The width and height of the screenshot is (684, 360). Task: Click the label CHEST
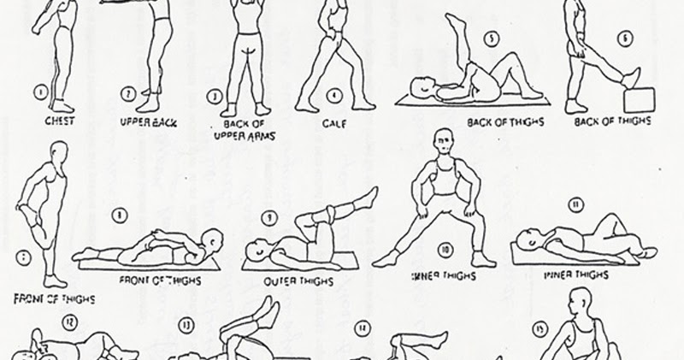59,121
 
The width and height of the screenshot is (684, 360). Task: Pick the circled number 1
39,89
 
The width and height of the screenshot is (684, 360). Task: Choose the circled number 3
215,97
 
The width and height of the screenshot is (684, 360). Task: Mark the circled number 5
491,38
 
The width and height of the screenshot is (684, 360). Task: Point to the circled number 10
445,251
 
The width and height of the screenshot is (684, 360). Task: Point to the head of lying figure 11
527,240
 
